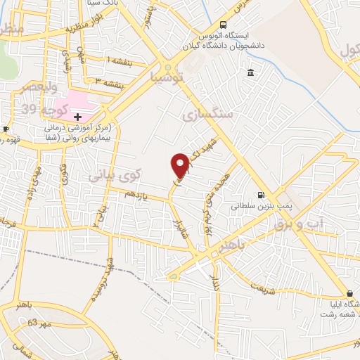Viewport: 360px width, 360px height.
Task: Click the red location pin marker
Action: [x=181, y=165]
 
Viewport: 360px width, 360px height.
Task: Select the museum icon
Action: [x=251, y=74]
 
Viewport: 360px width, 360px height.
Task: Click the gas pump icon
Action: [x=262, y=195]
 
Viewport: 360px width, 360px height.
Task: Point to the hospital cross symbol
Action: [x=77, y=115]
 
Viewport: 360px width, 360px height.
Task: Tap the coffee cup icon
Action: [x=6, y=129]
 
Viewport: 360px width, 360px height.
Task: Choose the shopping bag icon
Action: [x=349, y=293]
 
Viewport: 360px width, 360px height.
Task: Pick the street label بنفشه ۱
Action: [x=118, y=62]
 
